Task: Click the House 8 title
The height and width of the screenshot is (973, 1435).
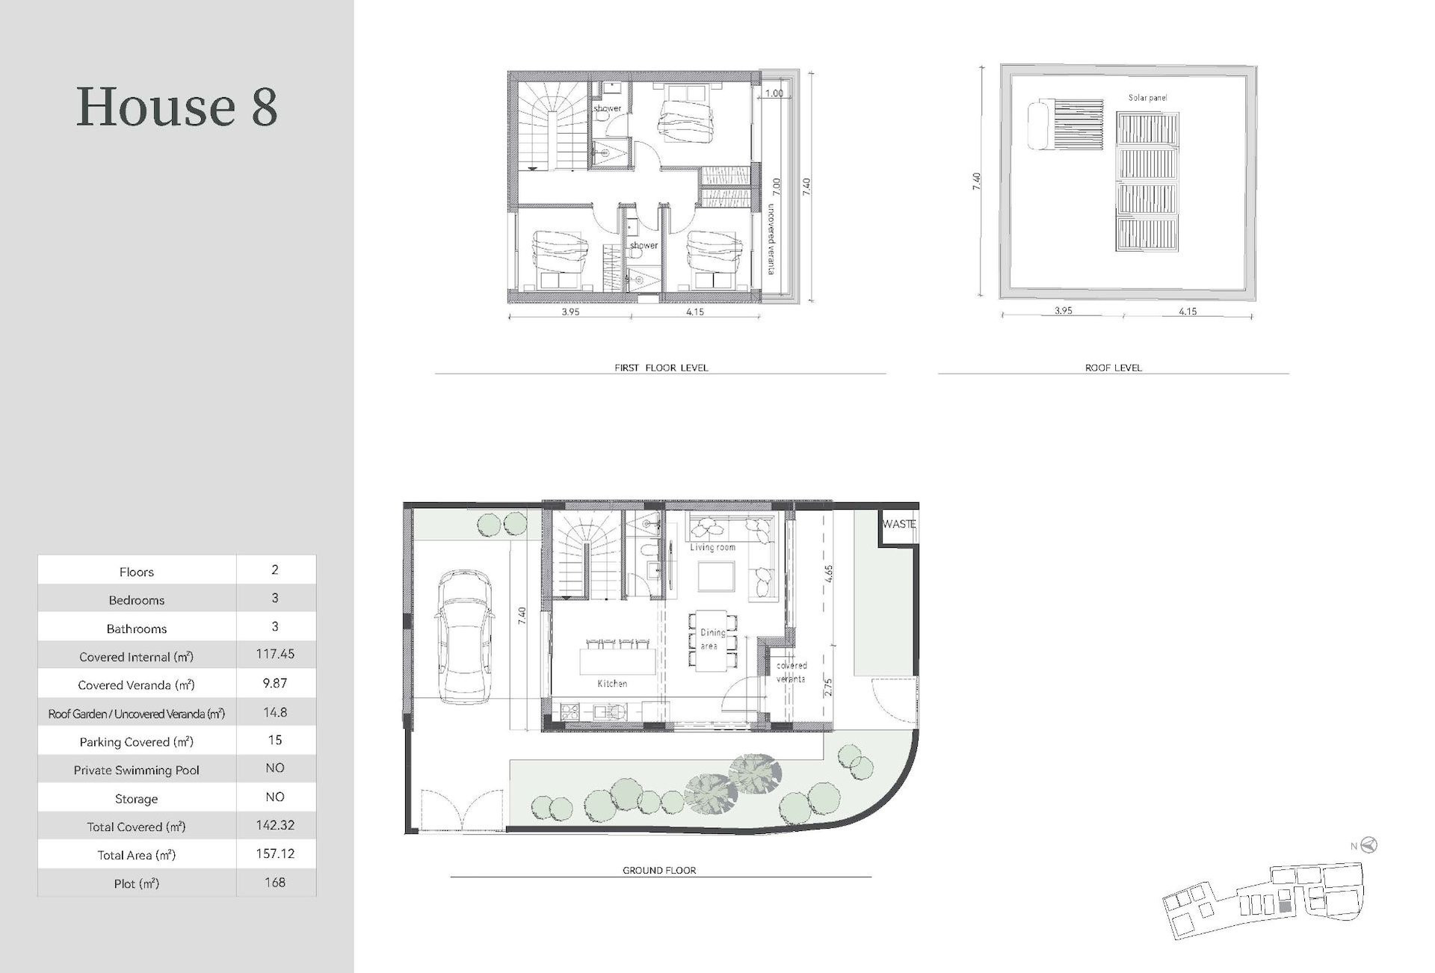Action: (x=177, y=106)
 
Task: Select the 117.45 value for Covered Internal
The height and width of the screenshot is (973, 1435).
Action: (x=275, y=654)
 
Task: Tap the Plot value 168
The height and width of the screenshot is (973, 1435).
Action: (x=275, y=883)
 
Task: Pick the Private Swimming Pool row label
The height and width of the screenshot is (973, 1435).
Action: (x=137, y=770)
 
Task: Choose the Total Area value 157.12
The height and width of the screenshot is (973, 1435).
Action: (x=275, y=853)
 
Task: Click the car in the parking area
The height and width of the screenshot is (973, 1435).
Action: (x=463, y=637)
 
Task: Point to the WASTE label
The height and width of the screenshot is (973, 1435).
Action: (x=898, y=524)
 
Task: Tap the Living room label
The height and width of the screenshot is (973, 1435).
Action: (x=712, y=547)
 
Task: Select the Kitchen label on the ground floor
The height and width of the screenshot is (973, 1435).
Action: (x=612, y=683)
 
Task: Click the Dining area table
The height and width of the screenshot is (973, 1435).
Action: (x=709, y=641)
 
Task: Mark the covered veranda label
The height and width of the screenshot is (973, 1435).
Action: (x=791, y=672)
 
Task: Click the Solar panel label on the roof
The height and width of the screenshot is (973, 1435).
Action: (x=1147, y=98)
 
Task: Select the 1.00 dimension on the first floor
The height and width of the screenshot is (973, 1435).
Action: (x=774, y=93)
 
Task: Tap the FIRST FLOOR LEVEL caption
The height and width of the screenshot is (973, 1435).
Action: (x=661, y=368)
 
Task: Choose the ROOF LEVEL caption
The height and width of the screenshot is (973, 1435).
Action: (x=1114, y=368)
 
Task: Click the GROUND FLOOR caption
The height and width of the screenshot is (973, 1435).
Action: (x=659, y=871)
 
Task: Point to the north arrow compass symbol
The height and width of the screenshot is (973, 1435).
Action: (x=1369, y=845)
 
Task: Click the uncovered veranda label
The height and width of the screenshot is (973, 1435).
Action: (x=771, y=239)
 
